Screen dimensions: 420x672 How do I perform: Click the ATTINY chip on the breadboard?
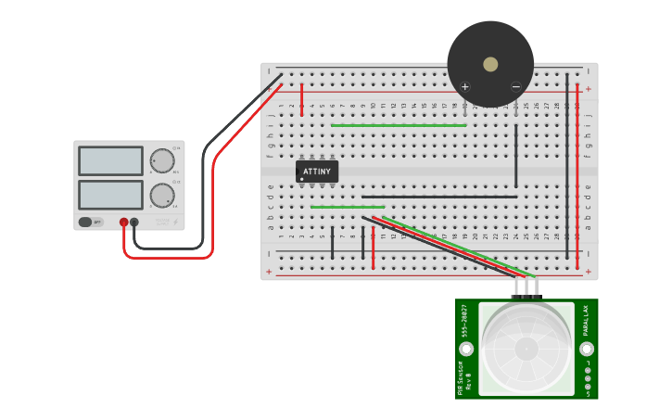tap(317, 172)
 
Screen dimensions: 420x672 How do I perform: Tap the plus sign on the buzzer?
tap(465, 87)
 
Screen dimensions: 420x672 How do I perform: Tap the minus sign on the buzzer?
tap(516, 87)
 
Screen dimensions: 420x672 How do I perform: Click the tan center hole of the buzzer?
tap(490, 64)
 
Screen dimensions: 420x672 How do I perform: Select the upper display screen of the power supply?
tap(110, 160)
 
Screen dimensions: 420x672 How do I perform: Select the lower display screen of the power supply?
tap(110, 195)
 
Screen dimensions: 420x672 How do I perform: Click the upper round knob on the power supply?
tap(162, 160)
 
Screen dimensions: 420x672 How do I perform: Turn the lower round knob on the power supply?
tap(162, 195)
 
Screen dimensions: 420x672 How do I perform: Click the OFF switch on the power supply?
tap(91, 222)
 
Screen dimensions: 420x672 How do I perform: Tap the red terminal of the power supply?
tap(123, 223)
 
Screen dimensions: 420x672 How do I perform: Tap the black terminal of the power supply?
tap(134, 223)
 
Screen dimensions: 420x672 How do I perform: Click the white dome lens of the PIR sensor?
tap(526, 349)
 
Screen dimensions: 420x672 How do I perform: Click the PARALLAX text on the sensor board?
tap(585, 320)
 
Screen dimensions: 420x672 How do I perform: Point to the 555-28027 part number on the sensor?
tap(463, 320)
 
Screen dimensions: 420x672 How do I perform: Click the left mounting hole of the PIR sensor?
tap(466, 349)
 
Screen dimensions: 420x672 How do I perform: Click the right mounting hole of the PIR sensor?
tap(587, 349)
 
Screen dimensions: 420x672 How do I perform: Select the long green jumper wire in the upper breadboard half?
tap(399, 125)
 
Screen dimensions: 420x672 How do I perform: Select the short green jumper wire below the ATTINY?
tap(347, 207)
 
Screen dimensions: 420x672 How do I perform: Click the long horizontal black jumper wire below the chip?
tap(439, 197)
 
